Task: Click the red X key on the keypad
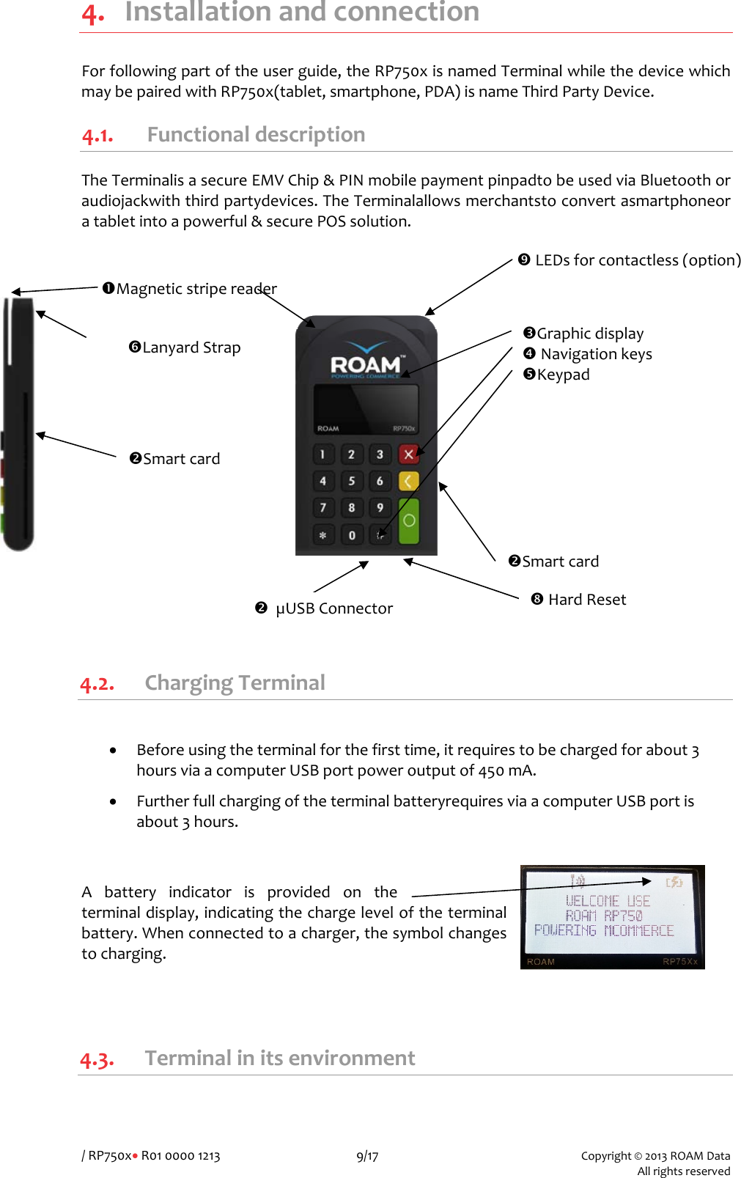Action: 408,454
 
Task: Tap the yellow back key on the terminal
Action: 408,481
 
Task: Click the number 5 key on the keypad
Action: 352,481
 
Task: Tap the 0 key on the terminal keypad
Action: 352,535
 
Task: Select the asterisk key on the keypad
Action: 322,535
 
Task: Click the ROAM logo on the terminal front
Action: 366,364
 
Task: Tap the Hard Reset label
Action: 586,600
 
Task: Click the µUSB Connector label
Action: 333,608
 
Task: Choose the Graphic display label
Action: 590,334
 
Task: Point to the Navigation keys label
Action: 596,354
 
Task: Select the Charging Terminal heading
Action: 235,682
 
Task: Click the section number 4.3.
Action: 97,1059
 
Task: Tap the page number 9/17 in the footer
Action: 367,1156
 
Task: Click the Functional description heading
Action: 256,135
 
